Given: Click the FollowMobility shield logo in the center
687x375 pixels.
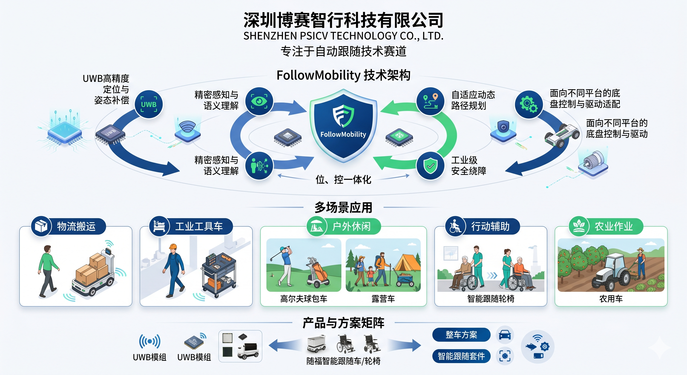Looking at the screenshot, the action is (x=343, y=126).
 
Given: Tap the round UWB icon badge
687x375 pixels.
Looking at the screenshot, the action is (x=149, y=104).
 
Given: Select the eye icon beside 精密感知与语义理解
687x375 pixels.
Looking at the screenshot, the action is (x=259, y=101).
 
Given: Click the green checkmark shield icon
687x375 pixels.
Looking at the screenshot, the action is (x=430, y=166).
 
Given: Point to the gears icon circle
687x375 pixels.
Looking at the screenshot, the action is (x=529, y=104).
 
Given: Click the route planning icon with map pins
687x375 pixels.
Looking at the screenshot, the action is (x=430, y=101).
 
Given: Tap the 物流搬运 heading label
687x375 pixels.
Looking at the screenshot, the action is (x=76, y=226).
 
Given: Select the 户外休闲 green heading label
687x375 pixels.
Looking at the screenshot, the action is (x=351, y=226).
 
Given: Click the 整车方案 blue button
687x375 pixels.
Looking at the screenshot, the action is (x=461, y=335).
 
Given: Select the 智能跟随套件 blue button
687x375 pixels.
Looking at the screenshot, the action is (x=461, y=356).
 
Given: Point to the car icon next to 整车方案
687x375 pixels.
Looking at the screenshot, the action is (x=505, y=335).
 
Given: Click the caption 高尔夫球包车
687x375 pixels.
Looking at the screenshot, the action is (x=304, y=299).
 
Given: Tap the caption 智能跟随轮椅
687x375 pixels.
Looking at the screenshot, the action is (x=491, y=299).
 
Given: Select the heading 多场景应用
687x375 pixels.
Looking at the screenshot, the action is (x=343, y=207).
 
